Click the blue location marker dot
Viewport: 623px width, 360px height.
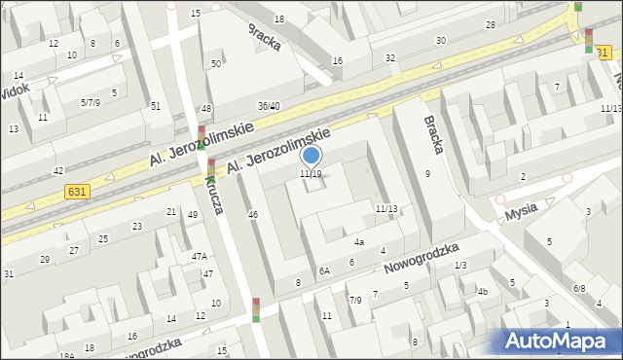[x=311, y=155]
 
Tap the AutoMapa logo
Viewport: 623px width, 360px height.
[x=561, y=340]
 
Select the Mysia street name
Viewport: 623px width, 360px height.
[x=534, y=208]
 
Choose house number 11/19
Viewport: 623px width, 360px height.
[x=311, y=174]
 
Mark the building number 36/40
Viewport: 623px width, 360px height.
[x=269, y=106]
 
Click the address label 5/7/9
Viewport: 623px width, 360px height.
[x=91, y=102]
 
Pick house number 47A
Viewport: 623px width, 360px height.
[x=199, y=257]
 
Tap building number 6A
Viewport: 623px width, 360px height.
[x=325, y=272]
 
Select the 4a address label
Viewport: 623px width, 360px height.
[x=359, y=242]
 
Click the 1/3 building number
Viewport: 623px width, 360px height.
[x=460, y=265]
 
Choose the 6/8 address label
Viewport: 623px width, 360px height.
[x=579, y=288]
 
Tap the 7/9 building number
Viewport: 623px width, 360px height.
[x=355, y=300]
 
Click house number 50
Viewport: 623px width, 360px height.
[x=216, y=64]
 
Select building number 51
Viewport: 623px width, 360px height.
[x=155, y=106]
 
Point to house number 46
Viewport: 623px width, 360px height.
[x=253, y=214]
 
